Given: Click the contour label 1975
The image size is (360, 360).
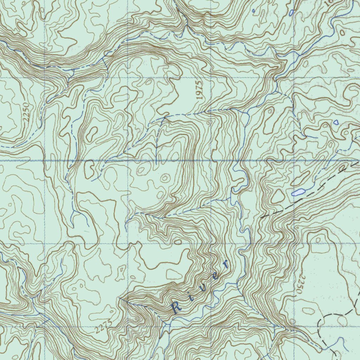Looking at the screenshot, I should [199, 90].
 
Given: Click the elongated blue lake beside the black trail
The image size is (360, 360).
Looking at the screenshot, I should [298, 192].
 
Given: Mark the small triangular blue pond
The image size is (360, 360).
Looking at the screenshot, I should [336, 122].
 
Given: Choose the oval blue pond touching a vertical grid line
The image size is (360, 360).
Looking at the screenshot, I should [291, 13].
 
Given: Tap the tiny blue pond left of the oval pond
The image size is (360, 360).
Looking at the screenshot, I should [253, 11].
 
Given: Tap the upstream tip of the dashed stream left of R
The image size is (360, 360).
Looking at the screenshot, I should [120, 298].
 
